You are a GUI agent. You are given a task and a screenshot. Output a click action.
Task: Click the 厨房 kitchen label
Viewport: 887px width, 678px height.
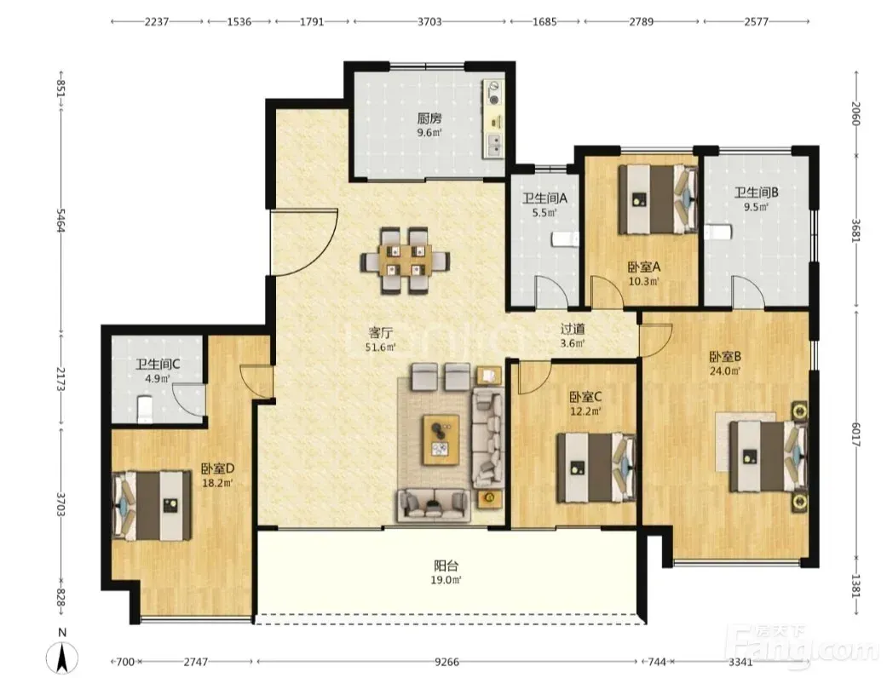pos(429,118)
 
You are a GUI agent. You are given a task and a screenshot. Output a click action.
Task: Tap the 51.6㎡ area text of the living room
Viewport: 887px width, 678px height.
pos(381,348)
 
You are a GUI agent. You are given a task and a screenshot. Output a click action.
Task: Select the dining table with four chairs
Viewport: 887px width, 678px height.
pos(405,261)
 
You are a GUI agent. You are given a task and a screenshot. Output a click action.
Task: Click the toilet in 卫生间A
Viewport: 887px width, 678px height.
pos(565,239)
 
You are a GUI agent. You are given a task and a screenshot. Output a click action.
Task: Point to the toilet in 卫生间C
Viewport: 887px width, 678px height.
pos(146,410)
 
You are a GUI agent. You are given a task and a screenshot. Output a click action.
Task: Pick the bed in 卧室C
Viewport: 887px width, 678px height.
pos(596,467)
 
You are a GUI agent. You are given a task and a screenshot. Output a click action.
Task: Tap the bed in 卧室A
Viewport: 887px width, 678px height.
pos(657,199)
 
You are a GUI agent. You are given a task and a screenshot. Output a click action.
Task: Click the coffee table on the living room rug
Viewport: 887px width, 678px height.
pos(441,440)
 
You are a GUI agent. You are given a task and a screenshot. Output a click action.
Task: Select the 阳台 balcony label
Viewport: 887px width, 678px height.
pos(446,566)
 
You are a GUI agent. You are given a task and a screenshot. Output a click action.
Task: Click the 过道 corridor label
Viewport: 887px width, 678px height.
pos(573,329)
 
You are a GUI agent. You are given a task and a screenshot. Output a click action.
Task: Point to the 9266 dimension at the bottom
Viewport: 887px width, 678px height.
pos(446,661)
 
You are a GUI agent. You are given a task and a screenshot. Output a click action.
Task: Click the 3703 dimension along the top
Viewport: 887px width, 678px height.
pos(429,21)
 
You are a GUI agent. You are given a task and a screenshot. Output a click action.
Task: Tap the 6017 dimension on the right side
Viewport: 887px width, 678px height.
pos(855,434)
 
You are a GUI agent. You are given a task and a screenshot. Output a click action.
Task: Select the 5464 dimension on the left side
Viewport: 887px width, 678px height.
pos(60,221)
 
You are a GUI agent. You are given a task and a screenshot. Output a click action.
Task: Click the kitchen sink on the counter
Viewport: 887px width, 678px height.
pos(494,146)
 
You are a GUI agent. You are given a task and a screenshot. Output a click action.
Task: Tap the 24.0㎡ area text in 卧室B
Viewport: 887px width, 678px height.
pos(725,371)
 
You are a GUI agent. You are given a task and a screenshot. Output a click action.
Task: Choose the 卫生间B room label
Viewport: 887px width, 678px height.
pos(757,192)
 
